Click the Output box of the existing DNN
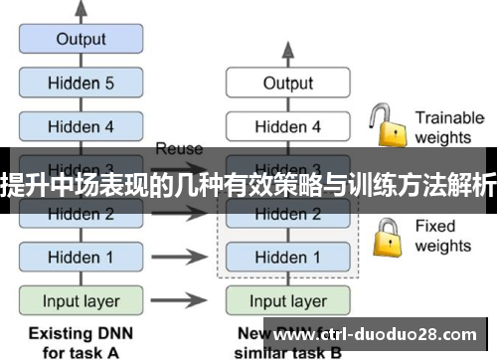tap(81, 40)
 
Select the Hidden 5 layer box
tap(81, 84)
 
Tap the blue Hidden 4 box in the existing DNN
tap(81, 126)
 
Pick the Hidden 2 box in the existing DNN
tap(81, 213)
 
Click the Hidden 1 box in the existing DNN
tap(81, 257)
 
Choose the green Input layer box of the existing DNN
tap(81, 300)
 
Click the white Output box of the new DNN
tap(287, 84)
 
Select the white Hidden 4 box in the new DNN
tap(287, 126)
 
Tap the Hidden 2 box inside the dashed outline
tap(287, 213)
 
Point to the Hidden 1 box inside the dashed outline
tap(287, 257)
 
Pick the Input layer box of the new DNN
tap(287, 300)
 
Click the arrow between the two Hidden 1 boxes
tap(184, 257)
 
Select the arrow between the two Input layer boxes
tap(184, 300)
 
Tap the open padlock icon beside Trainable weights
tap(386, 125)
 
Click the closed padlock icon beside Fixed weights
tap(386, 235)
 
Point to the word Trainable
tap(448, 117)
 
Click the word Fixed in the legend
tap(434, 227)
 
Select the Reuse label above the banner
tap(179, 149)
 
